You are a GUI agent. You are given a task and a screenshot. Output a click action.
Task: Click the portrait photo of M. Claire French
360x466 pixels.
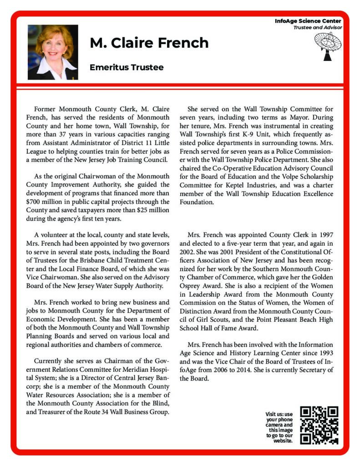click(x=53, y=52)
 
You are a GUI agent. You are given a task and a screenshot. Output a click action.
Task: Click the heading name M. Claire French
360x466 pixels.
click(x=149, y=43)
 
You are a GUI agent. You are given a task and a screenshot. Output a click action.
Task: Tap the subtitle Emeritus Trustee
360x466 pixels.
click(x=127, y=67)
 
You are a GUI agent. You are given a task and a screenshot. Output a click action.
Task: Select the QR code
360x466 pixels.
click(x=320, y=425)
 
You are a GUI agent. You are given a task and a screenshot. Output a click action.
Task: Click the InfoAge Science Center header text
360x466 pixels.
click(x=308, y=21)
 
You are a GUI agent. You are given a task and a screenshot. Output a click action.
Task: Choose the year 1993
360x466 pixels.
click(x=324, y=353)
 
